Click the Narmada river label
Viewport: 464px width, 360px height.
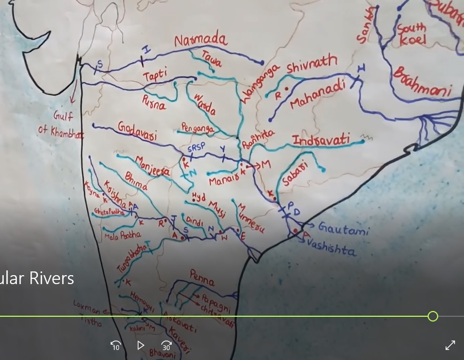201,40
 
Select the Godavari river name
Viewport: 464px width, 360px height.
137,130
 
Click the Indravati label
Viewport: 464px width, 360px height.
321,141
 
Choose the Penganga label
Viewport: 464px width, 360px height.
198,128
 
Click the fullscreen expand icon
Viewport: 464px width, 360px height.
450,345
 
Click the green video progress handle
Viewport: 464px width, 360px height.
433,316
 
